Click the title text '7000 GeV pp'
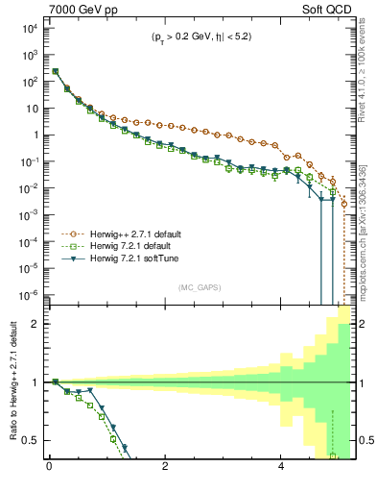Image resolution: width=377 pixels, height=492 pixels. [x=80, y=9]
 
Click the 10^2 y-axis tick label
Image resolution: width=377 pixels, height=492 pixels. [x=29, y=81]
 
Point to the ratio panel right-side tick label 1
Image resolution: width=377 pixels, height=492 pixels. [x=359, y=382]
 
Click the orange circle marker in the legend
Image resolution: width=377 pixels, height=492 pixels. [x=76, y=234]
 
